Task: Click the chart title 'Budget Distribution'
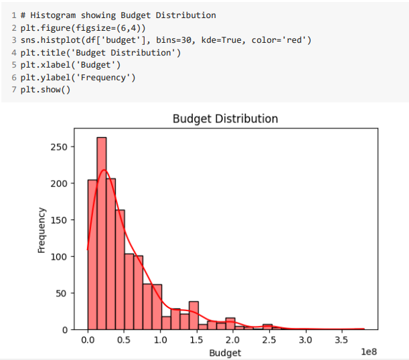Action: coord(225,119)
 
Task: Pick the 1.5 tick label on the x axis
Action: coord(197,340)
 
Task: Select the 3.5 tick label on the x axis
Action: coord(342,340)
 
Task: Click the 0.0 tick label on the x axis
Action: coord(88,340)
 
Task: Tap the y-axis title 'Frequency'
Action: coord(42,230)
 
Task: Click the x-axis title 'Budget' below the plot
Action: coord(225,352)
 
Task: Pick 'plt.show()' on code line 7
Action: coord(45,90)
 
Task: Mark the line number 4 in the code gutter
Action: coord(13,53)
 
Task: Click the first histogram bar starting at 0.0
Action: coord(92,254)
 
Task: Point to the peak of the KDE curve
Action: coord(103,170)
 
